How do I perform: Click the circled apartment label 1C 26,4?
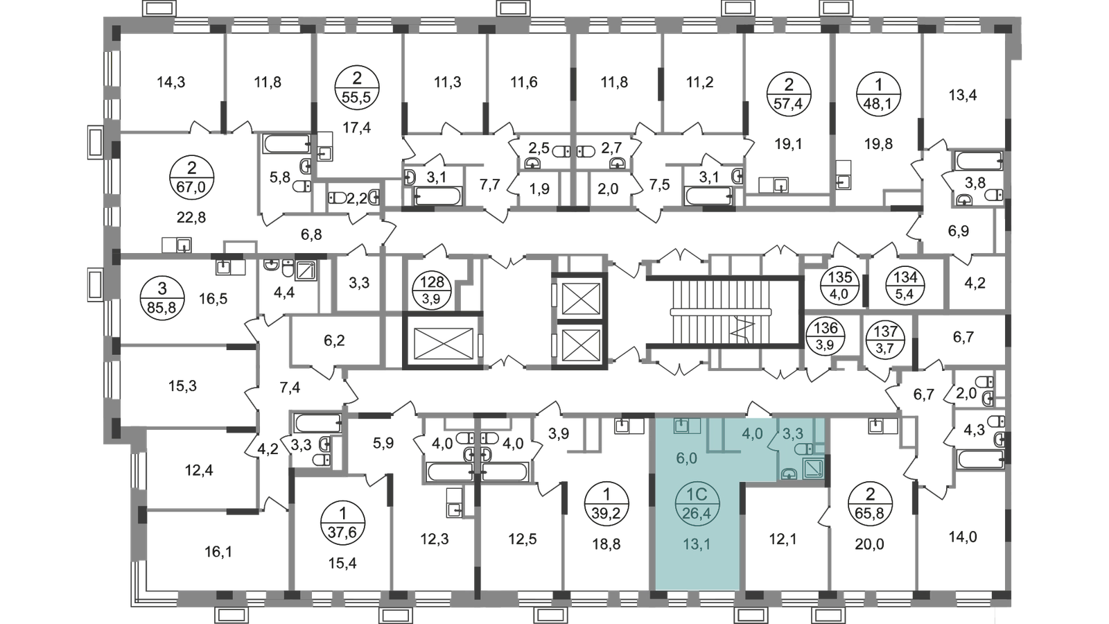pos(697,503)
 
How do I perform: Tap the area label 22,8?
pos(191,217)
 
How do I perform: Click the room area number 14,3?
pos(171,82)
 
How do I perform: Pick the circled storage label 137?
pos(884,339)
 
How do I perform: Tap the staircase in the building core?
pos(722,311)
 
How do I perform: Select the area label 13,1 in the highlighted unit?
pos(697,544)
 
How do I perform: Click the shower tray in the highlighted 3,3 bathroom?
pos(813,468)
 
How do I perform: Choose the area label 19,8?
pos(878,144)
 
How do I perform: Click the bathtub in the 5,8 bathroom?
pos(288,144)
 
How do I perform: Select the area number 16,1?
pos(218,551)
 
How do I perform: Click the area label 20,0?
pos(869,544)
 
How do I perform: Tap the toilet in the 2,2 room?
pos(338,198)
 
